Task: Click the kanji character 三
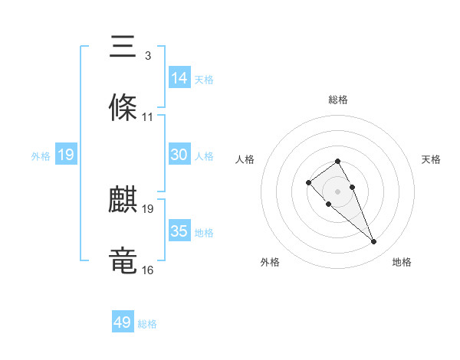coord(123,47)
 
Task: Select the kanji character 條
coord(123,108)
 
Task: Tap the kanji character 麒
coord(123,201)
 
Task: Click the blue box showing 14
coord(179,77)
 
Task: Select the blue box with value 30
coord(179,155)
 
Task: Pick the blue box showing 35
coord(179,231)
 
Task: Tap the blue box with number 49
coord(123,322)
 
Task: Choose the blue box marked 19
coord(66,155)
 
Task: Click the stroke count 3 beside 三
coord(147,56)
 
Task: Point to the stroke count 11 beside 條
coord(148,117)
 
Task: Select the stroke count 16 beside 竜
coord(148,270)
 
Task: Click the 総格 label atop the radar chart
coord(338,100)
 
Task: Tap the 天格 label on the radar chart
coord(432,159)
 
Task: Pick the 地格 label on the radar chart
coord(402,262)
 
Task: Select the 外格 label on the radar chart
coord(270,262)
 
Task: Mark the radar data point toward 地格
coord(374,242)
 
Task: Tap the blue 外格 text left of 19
coord(41,155)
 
